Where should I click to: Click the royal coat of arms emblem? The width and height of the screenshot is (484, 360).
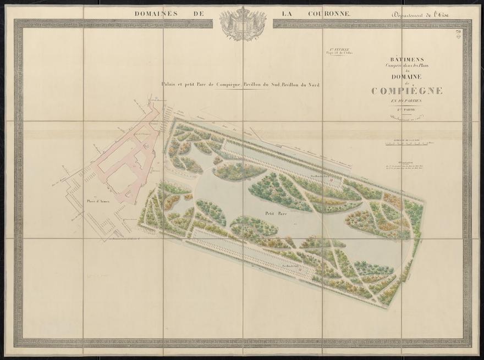click(x=243, y=23)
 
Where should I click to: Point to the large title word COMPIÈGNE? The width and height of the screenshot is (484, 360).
click(x=406, y=91)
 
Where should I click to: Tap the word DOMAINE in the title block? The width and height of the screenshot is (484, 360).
click(x=406, y=76)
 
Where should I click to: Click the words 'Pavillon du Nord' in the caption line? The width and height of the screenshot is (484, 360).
click(x=302, y=85)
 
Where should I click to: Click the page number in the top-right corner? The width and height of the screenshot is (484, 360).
click(x=458, y=34)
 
